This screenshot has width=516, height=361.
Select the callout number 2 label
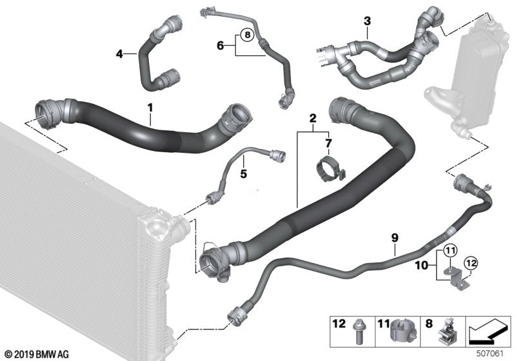312,119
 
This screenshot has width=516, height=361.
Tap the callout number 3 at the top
367,21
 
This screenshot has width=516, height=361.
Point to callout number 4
119,54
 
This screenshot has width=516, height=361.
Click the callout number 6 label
220,45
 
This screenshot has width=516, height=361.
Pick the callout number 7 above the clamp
328,142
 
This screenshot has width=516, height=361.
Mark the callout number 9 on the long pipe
393,238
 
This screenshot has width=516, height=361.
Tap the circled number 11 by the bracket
449,249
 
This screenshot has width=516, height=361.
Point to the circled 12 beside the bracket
471,262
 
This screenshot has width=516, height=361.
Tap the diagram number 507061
492,353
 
